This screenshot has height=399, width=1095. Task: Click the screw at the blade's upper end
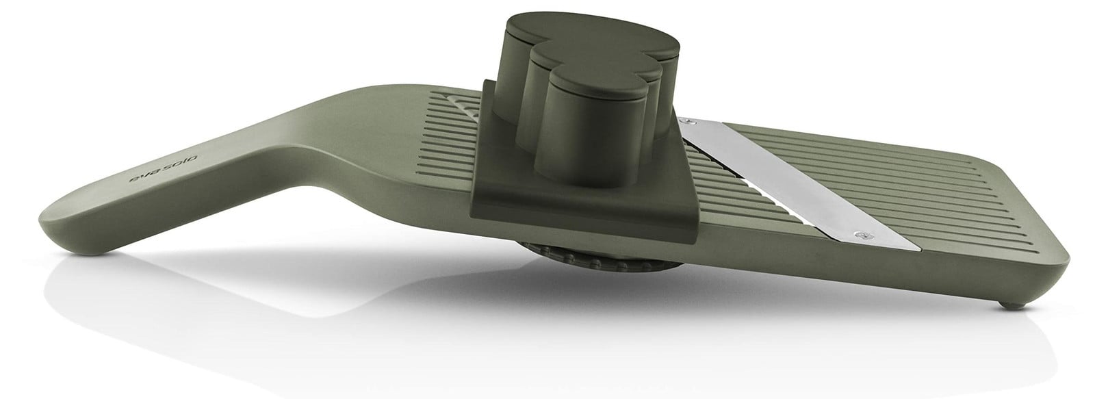coord(688,120)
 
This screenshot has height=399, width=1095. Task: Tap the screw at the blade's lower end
coord(861,235)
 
